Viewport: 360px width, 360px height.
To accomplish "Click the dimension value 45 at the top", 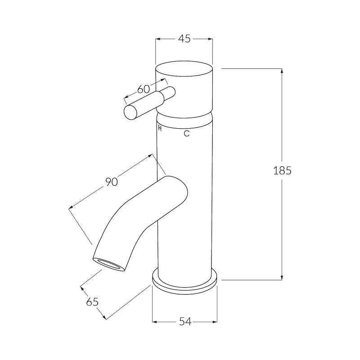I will (184, 39).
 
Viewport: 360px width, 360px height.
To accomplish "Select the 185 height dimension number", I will (282, 171).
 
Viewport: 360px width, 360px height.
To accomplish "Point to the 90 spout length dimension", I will (111, 182).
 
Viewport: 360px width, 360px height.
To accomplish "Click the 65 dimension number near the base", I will (92, 302).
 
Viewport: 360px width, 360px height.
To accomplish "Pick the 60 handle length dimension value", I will (143, 89).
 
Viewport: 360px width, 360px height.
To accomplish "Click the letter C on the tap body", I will (187, 133).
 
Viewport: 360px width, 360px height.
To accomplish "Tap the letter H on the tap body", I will (160, 129).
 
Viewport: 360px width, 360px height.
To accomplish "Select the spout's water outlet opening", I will (108, 264).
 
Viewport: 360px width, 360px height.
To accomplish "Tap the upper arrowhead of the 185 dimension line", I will (282, 71).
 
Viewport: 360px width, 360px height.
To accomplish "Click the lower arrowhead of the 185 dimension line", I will (282, 277).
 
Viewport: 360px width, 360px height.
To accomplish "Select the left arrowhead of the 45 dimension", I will (158, 39).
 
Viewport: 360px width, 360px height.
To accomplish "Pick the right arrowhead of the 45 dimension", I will (210, 39).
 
